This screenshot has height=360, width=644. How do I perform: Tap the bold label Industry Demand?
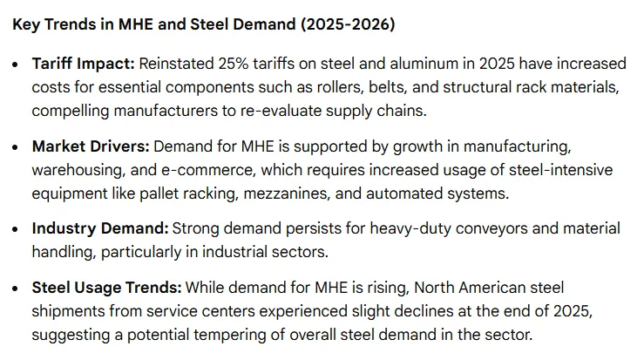99,228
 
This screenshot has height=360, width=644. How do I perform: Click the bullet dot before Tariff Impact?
17,65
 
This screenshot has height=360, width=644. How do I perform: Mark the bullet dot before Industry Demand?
17,229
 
